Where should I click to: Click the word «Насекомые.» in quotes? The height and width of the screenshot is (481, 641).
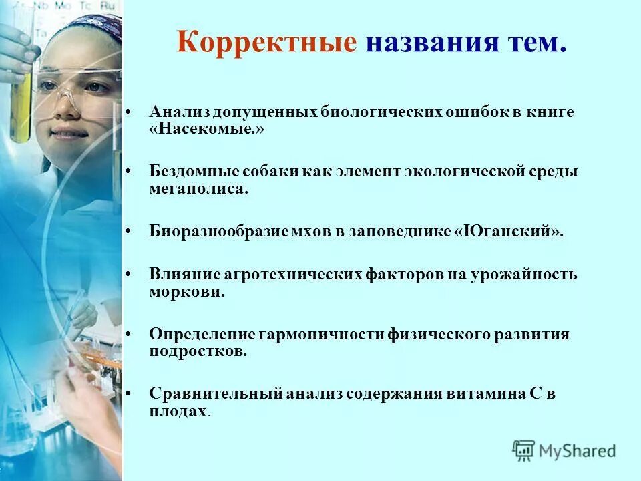207,130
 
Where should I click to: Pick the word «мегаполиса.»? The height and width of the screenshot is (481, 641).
198,189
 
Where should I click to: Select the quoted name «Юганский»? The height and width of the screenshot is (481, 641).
508,232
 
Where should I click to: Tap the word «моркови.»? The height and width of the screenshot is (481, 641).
186,292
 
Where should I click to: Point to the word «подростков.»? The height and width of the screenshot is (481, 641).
198,351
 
